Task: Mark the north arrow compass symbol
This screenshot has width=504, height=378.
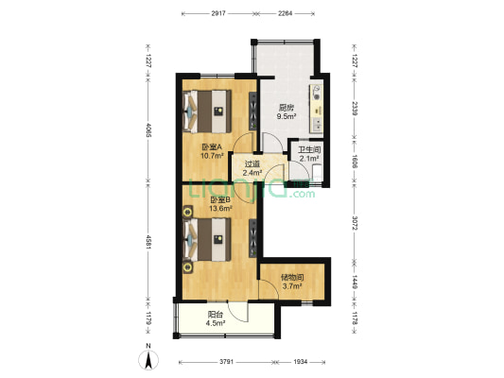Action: (148, 359)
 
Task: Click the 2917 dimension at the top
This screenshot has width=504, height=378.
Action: (217, 14)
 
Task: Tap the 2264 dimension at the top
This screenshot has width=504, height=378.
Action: (286, 14)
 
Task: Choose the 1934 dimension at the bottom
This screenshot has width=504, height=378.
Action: (300, 363)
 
